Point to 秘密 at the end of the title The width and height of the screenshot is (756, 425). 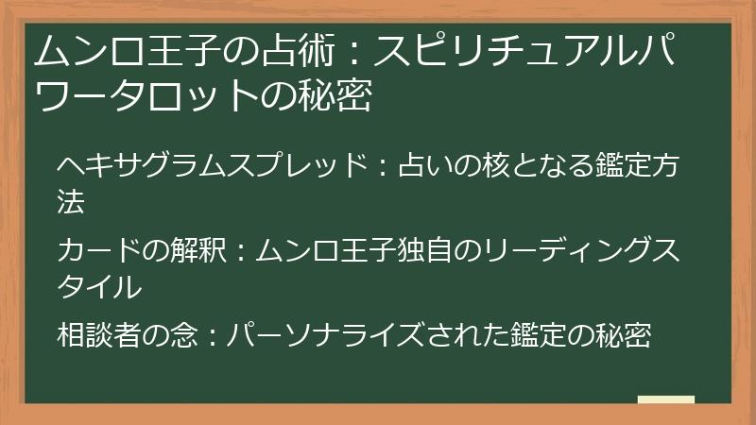coord(335,95)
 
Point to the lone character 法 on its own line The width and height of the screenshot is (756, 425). coord(71,201)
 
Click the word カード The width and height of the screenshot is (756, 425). coord(99,250)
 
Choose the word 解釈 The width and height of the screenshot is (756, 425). coord(198,250)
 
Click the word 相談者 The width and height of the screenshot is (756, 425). coord(99,334)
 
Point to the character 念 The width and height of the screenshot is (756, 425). coord(183,334)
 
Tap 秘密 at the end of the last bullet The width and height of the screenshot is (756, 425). coord(624,334)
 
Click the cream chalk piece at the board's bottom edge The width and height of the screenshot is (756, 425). coord(666,399)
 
